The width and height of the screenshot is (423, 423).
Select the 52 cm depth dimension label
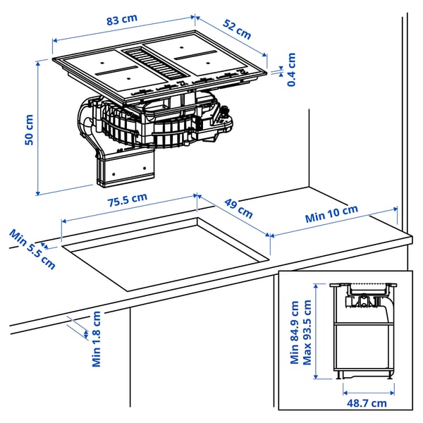point(236,28)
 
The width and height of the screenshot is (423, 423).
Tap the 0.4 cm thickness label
point(291,70)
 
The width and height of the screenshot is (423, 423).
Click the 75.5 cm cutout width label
point(127,202)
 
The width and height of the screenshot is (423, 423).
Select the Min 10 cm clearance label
point(331,214)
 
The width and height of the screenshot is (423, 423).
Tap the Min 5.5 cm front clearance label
point(32,248)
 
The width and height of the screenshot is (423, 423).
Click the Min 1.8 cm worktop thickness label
point(97,338)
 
